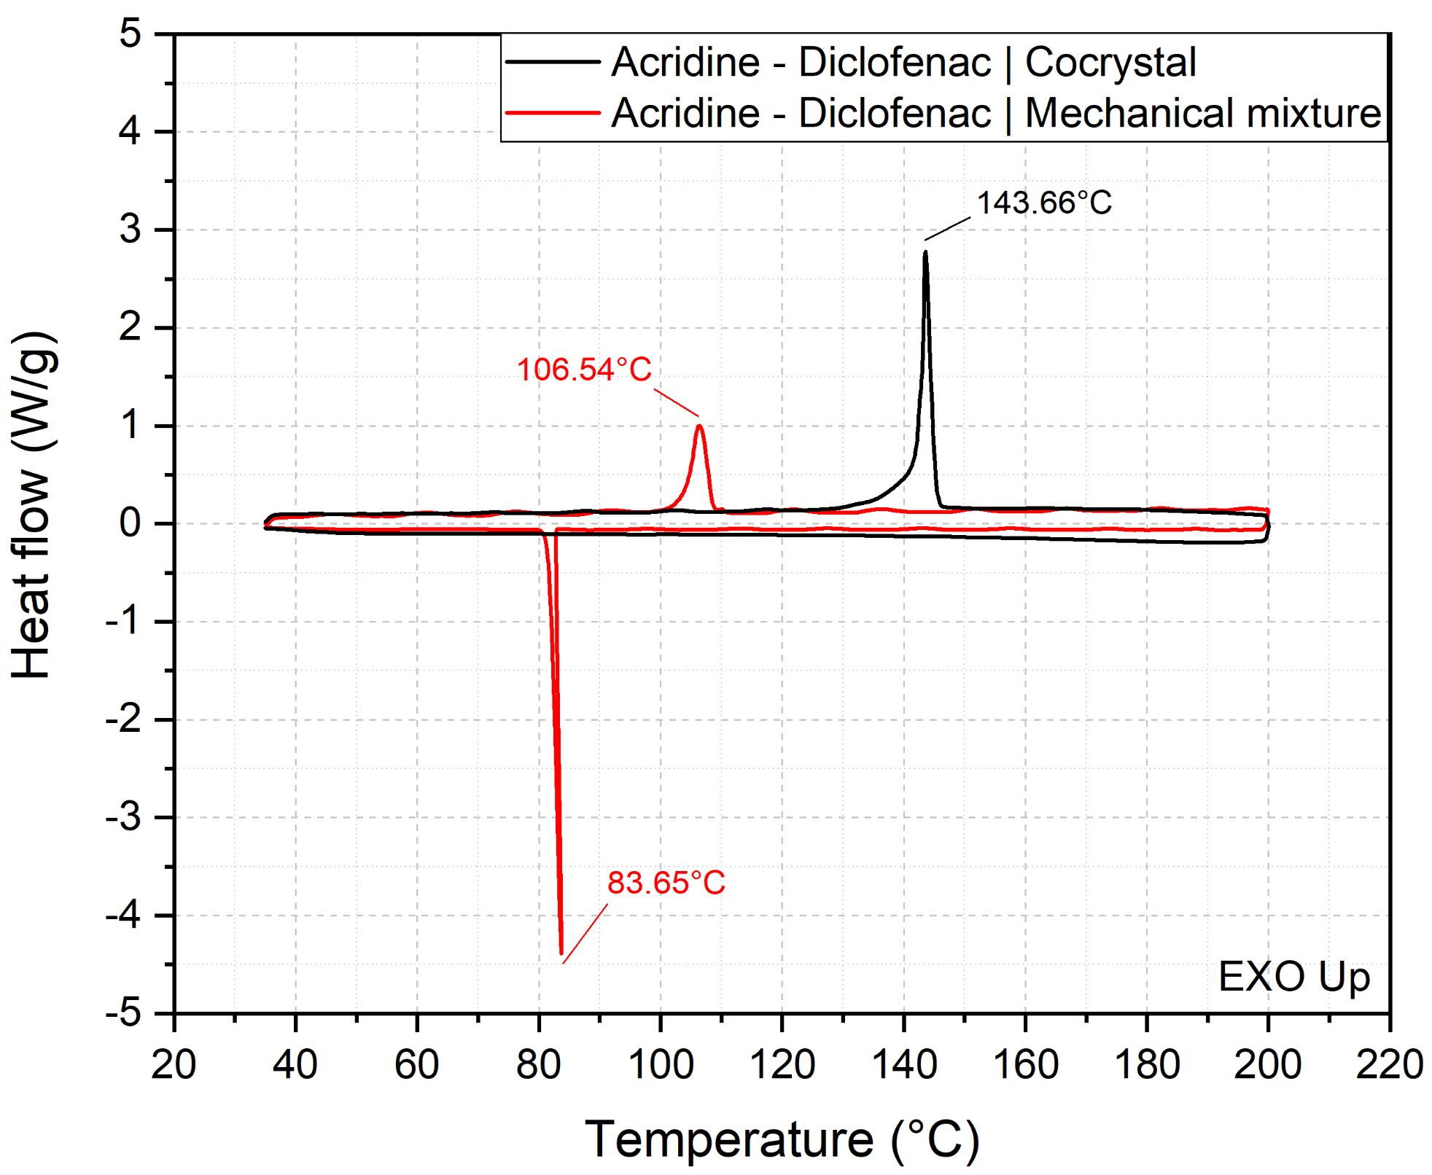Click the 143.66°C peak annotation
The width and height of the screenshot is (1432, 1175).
tap(1043, 203)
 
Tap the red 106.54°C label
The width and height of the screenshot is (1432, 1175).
tap(584, 370)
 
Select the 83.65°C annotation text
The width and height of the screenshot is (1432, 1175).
tap(666, 883)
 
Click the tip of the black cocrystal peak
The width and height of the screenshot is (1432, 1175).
tap(925, 252)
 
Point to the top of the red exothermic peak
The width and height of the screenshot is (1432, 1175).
tap(700, 426)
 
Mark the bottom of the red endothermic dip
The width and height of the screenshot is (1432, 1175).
tap(561, 953)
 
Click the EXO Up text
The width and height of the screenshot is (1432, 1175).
tap(1294, 977)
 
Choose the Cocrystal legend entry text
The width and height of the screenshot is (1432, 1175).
tap(903, 62)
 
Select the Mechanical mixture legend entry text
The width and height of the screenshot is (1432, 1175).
tap(996, 113)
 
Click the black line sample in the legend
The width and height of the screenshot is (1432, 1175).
tap(553, 62)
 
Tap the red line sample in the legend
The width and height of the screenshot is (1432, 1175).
tap(553, 113)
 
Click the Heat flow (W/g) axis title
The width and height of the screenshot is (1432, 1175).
tap(33, 504)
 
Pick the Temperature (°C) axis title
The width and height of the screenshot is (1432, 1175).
tap(782, 1139)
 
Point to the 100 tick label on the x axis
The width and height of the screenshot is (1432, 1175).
tap(661, 1065)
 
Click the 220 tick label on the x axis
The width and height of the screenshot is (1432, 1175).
tap(1389, 1065)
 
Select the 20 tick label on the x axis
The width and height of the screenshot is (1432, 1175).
tap(174, 1065)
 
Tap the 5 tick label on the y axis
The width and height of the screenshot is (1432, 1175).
tap(131, 34)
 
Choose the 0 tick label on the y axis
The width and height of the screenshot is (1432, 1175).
tap(131, 523)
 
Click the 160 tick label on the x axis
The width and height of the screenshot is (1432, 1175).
tap(1025, 1065)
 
